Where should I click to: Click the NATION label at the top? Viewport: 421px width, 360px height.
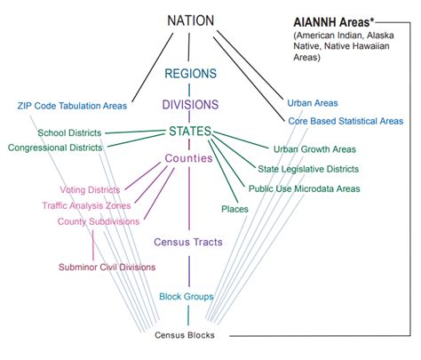[189, 19]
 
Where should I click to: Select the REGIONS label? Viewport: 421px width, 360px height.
[189, 76]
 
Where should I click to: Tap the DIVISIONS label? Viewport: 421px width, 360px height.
[189, 104]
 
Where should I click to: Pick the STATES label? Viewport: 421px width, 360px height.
[189, 132]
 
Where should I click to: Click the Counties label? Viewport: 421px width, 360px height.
[188, 158]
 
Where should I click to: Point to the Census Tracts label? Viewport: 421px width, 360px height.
[188, 241]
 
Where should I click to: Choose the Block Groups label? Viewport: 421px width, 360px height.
[187, 296]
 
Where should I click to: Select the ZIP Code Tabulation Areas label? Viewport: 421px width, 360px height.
[72, 106]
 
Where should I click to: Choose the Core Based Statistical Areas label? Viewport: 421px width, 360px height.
[346, 120]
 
